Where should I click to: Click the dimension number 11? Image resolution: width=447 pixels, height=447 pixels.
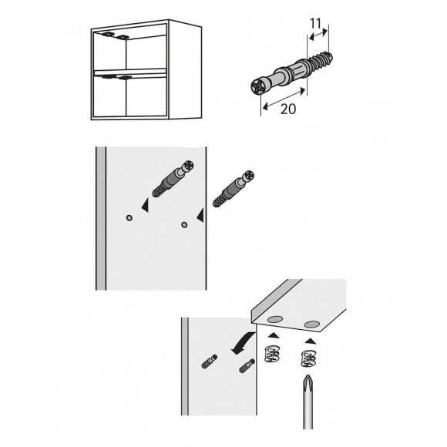tap(315, 23)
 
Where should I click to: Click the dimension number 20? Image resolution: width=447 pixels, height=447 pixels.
tap(288, 109)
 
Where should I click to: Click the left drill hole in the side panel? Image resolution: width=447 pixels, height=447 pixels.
tap(129, 218)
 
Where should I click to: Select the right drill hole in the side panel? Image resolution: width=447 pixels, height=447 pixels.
tap(184, 225)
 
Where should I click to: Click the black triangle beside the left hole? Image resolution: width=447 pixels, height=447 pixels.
tap(146, 205)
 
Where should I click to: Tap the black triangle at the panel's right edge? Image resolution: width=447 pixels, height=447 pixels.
tap(200, 215)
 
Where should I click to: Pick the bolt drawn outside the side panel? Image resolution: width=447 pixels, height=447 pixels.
tap(234, 189)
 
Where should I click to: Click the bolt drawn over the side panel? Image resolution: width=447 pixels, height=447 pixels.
tap(173, 179)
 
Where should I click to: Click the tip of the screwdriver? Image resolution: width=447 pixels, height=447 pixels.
tap(308, 376)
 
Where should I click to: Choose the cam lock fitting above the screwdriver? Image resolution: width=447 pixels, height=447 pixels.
tap(309, 358)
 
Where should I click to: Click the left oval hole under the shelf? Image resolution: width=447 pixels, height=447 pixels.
tap(275, 320)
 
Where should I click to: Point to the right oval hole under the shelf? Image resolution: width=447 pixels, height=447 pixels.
tap(312, 324)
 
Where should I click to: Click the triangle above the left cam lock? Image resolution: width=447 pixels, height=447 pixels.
tap(274, 335)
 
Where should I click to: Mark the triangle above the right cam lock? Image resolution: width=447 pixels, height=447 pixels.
tap(311, 341)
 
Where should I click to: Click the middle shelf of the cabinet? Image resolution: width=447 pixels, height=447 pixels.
tap(130, 72)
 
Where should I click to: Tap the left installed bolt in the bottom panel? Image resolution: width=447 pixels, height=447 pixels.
tap(210, 361)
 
